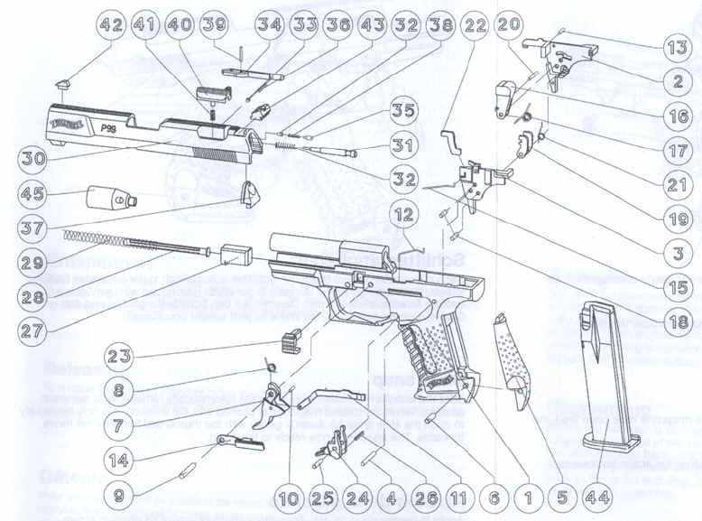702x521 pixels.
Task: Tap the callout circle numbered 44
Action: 596,496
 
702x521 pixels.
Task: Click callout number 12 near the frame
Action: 405,214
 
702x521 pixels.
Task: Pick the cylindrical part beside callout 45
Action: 108,196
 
